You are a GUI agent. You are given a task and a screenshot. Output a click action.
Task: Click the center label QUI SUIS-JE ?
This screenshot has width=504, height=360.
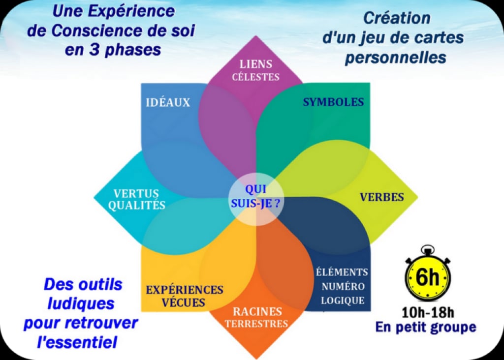(255, 196)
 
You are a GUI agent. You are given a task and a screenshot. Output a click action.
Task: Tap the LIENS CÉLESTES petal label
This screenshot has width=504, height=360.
(256, 70)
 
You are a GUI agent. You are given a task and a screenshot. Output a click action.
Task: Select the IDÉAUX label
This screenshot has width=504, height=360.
(168, 102)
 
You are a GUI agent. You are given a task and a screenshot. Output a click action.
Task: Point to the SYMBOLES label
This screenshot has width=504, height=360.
(333, 102)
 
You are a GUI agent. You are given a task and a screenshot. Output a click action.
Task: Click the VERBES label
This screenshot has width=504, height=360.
(382, 197)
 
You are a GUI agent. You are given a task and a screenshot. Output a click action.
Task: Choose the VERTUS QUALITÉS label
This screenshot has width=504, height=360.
(137, 200)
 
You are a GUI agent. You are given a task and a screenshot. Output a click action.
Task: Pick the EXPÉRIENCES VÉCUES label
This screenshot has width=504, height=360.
(185, 296)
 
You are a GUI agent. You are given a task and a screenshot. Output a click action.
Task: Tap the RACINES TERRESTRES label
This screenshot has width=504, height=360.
(256, 317)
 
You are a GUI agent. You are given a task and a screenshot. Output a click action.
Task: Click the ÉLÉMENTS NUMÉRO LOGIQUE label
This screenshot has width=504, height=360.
(343, 286)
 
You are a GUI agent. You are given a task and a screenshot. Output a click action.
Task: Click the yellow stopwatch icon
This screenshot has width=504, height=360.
(428, 274)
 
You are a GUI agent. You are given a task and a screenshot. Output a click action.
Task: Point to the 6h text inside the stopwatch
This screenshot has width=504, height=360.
(428, 277)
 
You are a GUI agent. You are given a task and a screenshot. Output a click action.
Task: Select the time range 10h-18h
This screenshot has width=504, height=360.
(428, 312)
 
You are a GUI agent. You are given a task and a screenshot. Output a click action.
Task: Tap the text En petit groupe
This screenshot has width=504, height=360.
(426, 327)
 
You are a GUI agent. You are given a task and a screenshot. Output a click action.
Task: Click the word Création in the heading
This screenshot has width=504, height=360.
(397, 18)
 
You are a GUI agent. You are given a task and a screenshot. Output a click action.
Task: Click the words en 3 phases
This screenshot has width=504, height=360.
(113, 50)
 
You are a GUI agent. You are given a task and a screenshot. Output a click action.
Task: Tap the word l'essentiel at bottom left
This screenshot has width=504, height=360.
(77, 342)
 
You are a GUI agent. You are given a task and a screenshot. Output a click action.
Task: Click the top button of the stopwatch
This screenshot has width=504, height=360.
(428, 249)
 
